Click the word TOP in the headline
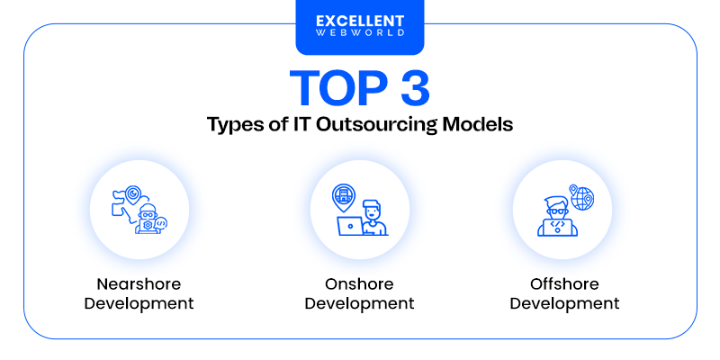coord(327,91)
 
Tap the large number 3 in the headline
coord(409,91)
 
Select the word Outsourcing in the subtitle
coord(372,124)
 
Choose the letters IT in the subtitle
coord(293,124)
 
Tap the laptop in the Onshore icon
coord(348,227)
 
